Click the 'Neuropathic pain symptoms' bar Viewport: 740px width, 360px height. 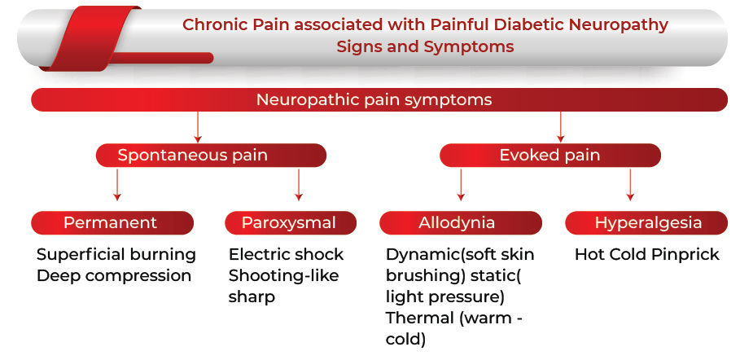(379, 99)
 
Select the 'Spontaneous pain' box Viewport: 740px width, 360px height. (211, 156)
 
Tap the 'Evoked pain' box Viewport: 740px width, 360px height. (550, 156)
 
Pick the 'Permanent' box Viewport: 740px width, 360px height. (112, 223)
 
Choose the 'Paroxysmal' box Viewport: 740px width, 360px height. (291, 223)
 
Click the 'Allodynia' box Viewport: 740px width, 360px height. (460, 223)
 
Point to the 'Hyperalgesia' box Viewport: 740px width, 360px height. (646, 223)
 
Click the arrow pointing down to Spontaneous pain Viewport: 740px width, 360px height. (198, 127)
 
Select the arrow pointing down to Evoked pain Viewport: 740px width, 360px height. (560, 127)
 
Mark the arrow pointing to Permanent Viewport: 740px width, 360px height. (117, 185)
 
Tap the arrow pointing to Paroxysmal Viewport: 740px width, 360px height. (298, 185)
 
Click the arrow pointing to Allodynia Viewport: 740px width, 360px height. (461, 185)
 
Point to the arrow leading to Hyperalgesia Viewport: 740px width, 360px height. (629, 185)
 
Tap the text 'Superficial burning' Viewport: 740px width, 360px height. (116, 255)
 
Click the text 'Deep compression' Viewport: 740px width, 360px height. (114, 276)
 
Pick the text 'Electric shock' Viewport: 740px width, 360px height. (286, 255)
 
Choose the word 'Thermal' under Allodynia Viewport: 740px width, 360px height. (419, 318)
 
